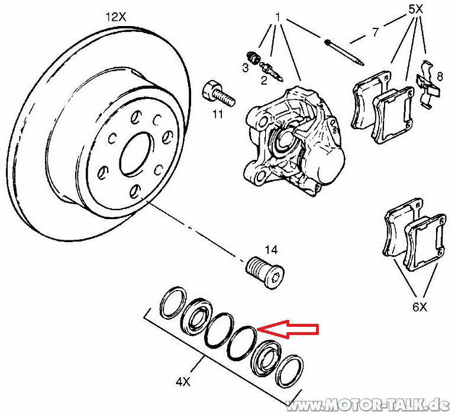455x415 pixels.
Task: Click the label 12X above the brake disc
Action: click(116, 18)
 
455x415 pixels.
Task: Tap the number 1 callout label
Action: click(277, 15)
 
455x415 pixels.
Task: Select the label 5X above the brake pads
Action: click(416, 10)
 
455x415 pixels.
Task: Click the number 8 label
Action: click(439, 76)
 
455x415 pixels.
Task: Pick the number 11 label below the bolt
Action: click(217, 114)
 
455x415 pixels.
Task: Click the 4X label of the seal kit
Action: click(182, 382)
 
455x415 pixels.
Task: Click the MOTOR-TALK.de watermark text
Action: click(367, 405)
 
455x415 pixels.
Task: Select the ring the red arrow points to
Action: click(242, 344)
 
